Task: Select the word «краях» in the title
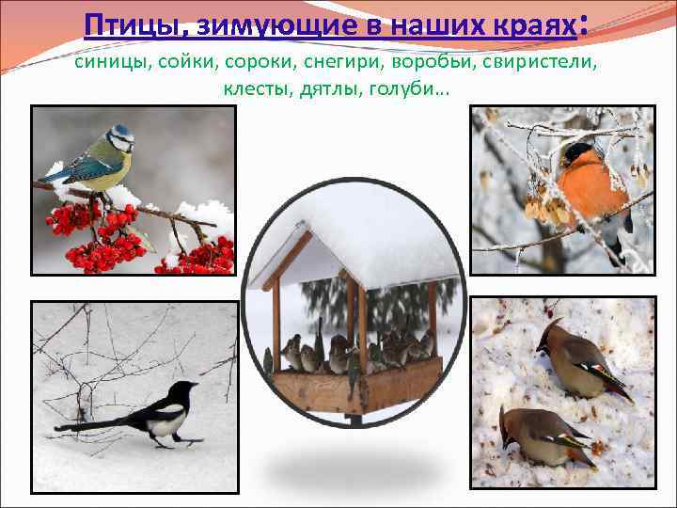tap(533, 25)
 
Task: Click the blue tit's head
tap(120, 139)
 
